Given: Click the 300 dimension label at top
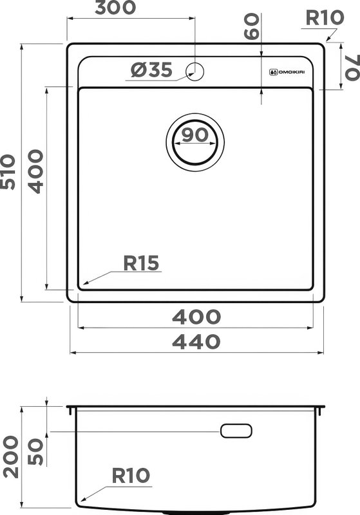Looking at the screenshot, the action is click(115, 8).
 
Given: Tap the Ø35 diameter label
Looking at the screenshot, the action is click(151, 70).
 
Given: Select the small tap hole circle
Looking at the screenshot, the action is click(194, 71).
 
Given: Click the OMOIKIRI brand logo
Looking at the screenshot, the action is click(287, 72).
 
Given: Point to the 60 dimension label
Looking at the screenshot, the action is click(252, 26).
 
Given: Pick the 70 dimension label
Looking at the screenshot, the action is click(352, 68).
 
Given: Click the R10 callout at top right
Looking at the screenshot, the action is click(325, 18).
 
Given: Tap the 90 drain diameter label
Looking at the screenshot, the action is click(194, 135).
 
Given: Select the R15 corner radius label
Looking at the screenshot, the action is click(141, 263).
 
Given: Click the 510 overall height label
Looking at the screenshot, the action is click(8, 172).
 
